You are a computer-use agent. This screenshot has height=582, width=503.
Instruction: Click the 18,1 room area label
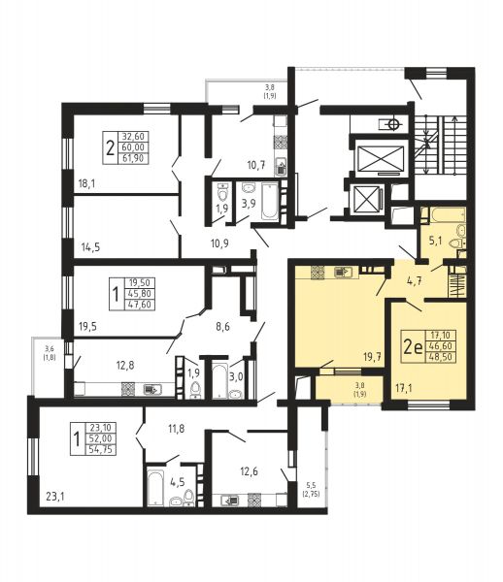tap(87, 183)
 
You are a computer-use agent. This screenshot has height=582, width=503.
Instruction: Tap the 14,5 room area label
tap(90, 246)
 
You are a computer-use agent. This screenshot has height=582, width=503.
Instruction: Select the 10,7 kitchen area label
tap(256, 165)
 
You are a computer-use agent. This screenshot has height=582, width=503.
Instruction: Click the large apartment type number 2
tap(110, 147)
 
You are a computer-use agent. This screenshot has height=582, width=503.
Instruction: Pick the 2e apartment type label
tap(413, 347)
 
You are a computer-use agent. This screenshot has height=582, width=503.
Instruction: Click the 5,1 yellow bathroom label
tap(435, 241)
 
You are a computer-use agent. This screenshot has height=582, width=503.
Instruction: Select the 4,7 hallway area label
tap(415, 280)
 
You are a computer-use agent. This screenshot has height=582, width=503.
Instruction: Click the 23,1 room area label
tap(55, 496)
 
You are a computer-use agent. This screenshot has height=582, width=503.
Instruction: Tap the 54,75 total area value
tap(101, 450)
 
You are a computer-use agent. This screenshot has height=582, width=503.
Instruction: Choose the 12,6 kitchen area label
tap(249, 471)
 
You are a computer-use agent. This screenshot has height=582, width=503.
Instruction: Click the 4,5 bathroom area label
tap(177, 482)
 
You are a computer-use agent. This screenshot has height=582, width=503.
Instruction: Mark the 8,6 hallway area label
tap(222, 327)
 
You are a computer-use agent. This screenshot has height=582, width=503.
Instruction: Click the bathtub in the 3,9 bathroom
tap(270, 201)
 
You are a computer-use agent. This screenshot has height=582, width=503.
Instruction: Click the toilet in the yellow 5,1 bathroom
tap(455, 243)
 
